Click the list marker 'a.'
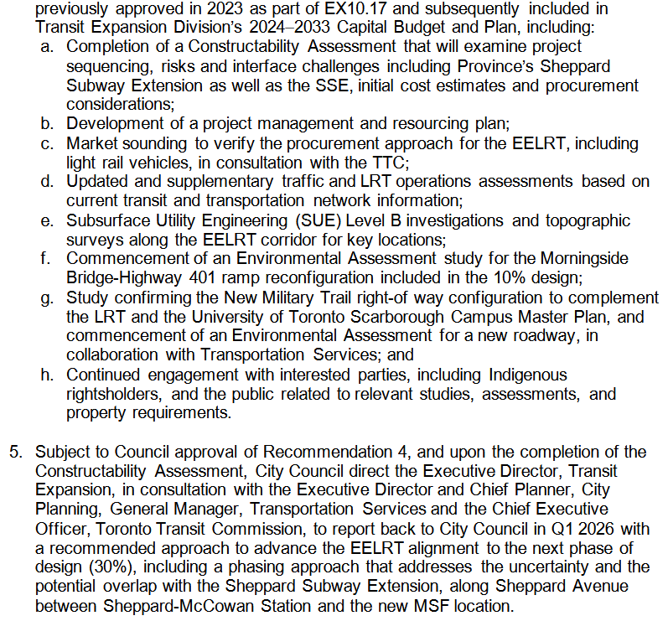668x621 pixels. (47, 47)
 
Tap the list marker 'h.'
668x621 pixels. (47, 374)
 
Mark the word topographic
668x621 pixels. (585, 220)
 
